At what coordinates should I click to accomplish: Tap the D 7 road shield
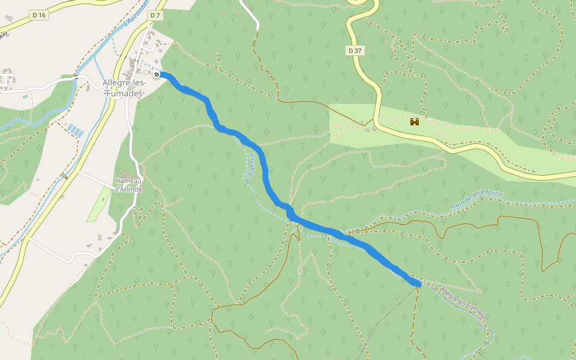(x=155, y=15)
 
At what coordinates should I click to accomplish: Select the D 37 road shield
(x=355, y=50)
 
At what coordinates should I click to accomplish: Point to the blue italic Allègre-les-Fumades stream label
(x=462, y=302)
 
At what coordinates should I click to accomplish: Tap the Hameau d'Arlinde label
(x=128, y=185)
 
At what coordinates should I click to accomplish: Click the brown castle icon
(x=414, y=122)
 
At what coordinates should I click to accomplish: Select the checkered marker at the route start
(x=157, y=74)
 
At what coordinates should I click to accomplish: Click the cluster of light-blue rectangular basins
(x=76, y=130)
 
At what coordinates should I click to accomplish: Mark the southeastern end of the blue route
(x=418, y=283)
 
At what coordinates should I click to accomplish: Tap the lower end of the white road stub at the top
(x=257, y=27)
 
